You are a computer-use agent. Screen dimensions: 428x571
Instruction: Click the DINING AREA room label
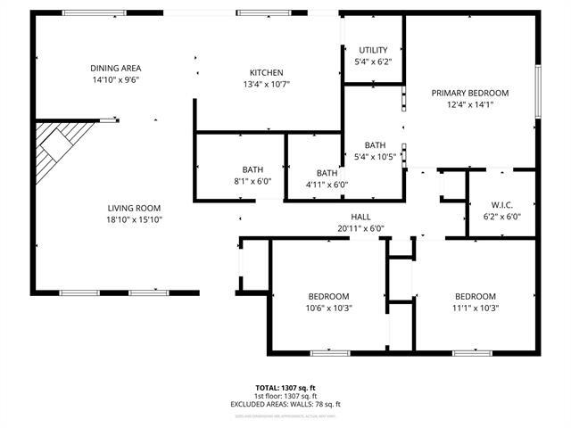click(x=116, y=68)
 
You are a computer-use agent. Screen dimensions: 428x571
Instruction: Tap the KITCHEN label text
click(x=267, y=72)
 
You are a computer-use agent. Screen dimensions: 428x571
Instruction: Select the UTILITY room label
click(x=374, y=50)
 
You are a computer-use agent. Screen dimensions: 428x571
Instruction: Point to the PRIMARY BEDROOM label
click(x=469, y=93)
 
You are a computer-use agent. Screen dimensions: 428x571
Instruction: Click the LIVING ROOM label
click(x=134, y=208)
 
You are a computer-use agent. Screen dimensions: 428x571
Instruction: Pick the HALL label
click(x=360, y=217)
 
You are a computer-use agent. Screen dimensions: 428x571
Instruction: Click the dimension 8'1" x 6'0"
click(x=252, y=181)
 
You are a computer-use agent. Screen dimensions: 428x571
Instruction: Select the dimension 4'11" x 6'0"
click(x=327, y=185)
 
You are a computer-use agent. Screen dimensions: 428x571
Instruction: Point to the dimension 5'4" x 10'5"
click(x=375, y=157)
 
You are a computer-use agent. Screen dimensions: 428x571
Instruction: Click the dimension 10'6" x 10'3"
click(x=329, y=309)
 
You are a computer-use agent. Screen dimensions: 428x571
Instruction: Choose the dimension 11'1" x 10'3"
click(x=475, y=309)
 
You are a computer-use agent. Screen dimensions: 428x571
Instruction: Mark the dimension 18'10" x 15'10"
click(x=134, y=219)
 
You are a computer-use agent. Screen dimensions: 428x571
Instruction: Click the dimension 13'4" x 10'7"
click(x=267, y=84)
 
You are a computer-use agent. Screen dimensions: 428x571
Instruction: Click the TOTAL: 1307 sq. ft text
click(x=285, y=388)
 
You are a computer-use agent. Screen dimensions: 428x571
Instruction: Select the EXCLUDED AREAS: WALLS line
click(x=285, y=404)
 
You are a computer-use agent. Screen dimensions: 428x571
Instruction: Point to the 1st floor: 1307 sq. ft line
click(x=285, y=396)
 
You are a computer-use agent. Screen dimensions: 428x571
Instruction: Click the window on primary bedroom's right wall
click(x=537, y=90)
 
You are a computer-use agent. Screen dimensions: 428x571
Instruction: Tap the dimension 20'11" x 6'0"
click(x=360, y=228)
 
